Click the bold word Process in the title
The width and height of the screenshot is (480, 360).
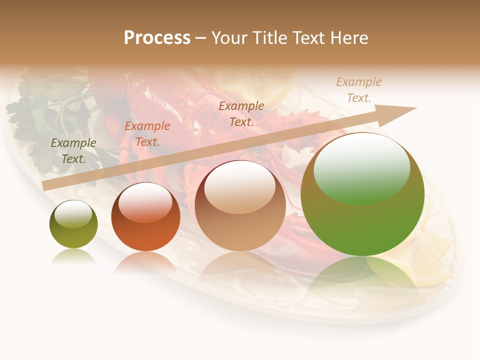[x=157, y=38]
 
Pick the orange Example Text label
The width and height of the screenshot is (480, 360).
[x=147, y=134]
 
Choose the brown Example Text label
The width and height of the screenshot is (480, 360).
[x=241, y=113]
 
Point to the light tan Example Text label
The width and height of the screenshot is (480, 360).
[x=358, y=90]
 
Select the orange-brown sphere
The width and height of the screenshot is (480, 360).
[x=145, y=218]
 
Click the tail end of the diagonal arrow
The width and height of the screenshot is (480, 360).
[x=44, y=186]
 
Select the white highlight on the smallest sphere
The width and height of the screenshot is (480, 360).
[x=73, y=214]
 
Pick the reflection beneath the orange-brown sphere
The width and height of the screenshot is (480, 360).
[x=145, y=262]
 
